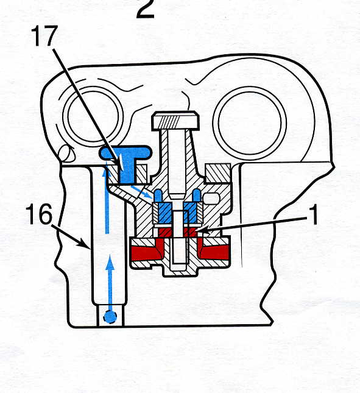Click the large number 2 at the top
click(146, 9)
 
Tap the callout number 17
click(44, 36)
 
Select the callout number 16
click(39, 214)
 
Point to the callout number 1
click(314, 214)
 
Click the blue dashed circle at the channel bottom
click(110, 317)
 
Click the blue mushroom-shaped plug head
click(125, 152)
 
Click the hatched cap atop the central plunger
click(175, 121)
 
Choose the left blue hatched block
click(164, 213)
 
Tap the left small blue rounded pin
click(158, 196)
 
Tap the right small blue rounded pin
click(196, 196)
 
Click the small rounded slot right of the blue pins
click(212, 199)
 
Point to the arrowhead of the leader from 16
click(86, 244)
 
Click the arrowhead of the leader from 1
click(200, 230)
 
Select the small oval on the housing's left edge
click(65, 153)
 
